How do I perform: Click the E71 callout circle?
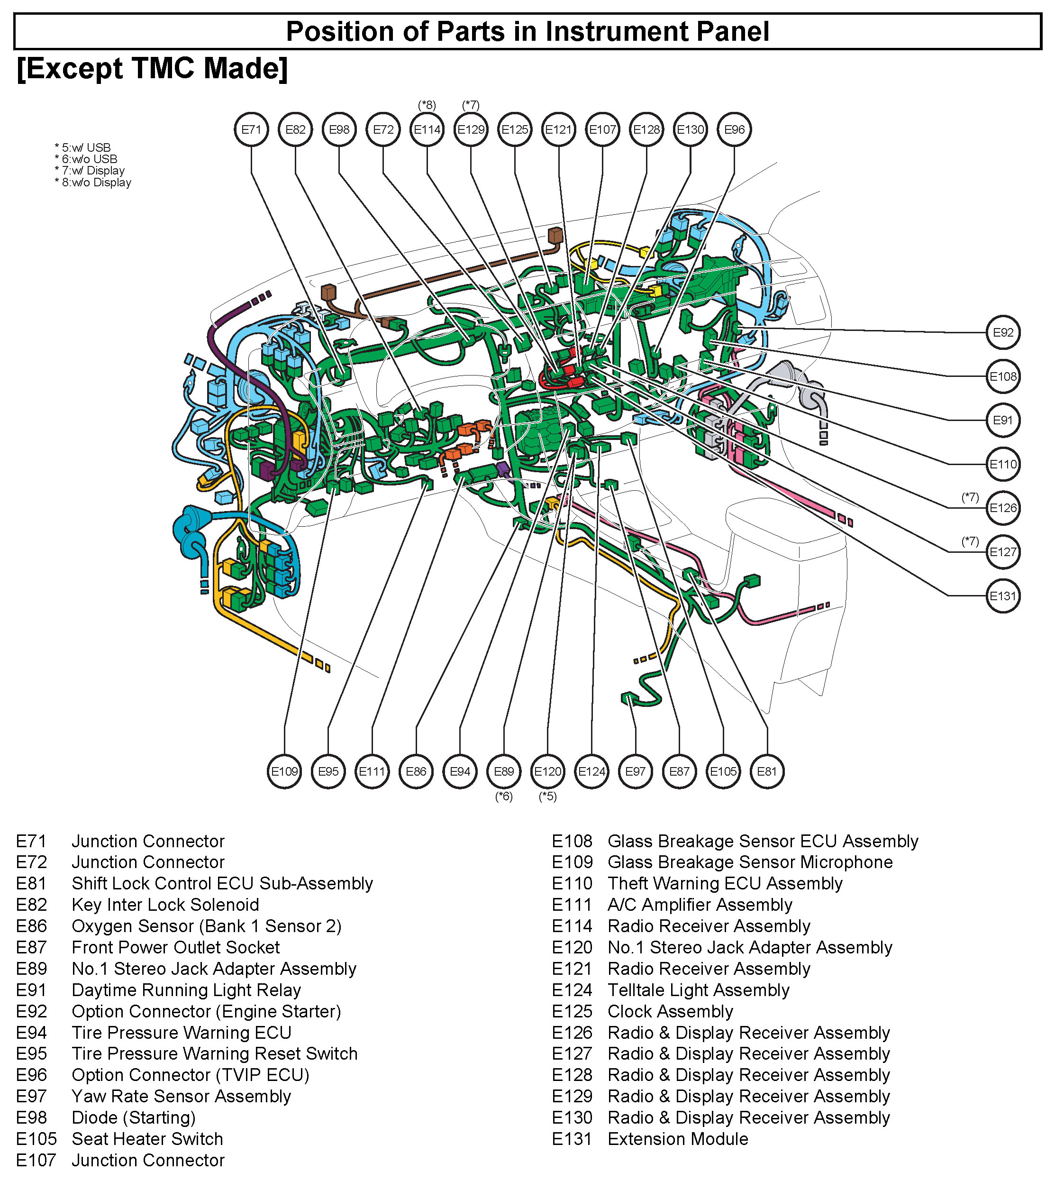[x=251, y=129]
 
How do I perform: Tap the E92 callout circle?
[x=1003, y=332]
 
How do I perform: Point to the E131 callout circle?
[x=1003, y=595]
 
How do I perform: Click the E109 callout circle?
[x=285, y=771]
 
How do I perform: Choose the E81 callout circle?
[x=767, y=771]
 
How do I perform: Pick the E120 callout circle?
[x=548, y=771]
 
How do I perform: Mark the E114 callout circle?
[x=427, y=129]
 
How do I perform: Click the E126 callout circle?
[x=1003, y=508]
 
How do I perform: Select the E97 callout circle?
[x=635, y=771]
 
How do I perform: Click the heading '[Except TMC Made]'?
[x=152, y=68]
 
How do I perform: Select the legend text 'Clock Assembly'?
[x=670, y=1012]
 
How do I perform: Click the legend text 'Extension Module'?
[x=678, y=1139]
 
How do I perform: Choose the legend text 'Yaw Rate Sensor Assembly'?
[x=181, y=1096]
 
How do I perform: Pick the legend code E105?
[x=36, y=1139]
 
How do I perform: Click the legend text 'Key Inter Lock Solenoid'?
[x=165, y=905]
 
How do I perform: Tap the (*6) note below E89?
[x=504, y=796]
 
